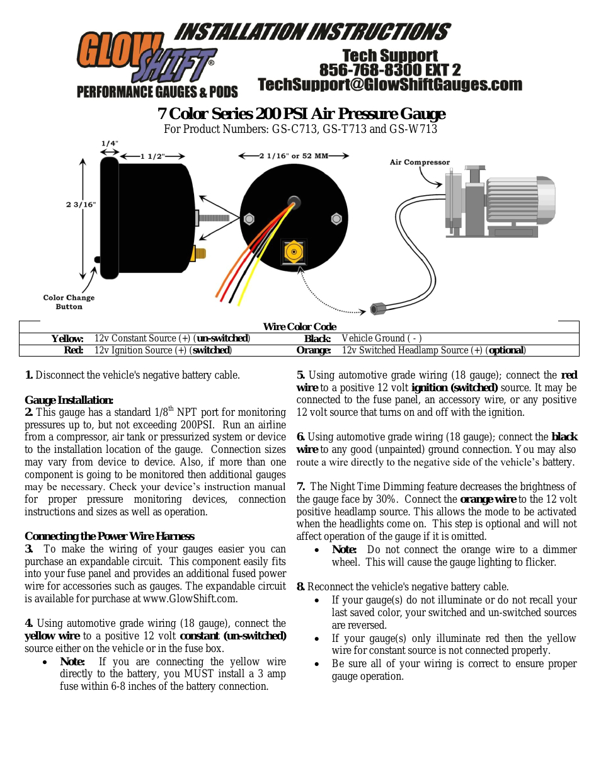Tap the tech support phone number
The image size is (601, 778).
click(390, 70)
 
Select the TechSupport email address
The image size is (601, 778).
click(390, 84)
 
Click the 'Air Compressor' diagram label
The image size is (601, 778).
click(420, 163)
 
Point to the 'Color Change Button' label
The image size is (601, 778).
click(69, 302)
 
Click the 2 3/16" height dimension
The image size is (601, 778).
click(81, 204)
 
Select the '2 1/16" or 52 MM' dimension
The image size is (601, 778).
click(294, 156)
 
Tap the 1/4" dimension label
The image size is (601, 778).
click(110, 144)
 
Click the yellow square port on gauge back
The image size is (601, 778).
click(294, 252)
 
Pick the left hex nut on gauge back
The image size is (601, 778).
click(249, 219)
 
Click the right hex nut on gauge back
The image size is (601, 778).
click(336, 219)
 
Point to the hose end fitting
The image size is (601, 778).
click(377, 309)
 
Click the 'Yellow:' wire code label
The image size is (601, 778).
click(67, 338)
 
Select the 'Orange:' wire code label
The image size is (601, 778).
click(313, 350)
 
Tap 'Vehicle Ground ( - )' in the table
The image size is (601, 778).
click(382, 338)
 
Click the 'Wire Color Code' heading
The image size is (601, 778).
click(299, 326)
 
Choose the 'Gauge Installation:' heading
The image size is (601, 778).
click(69, 400)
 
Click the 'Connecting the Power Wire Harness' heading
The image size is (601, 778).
click(110, 536)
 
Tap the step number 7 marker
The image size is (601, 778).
click(300, 486)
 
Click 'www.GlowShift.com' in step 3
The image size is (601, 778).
click(190, 598)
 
